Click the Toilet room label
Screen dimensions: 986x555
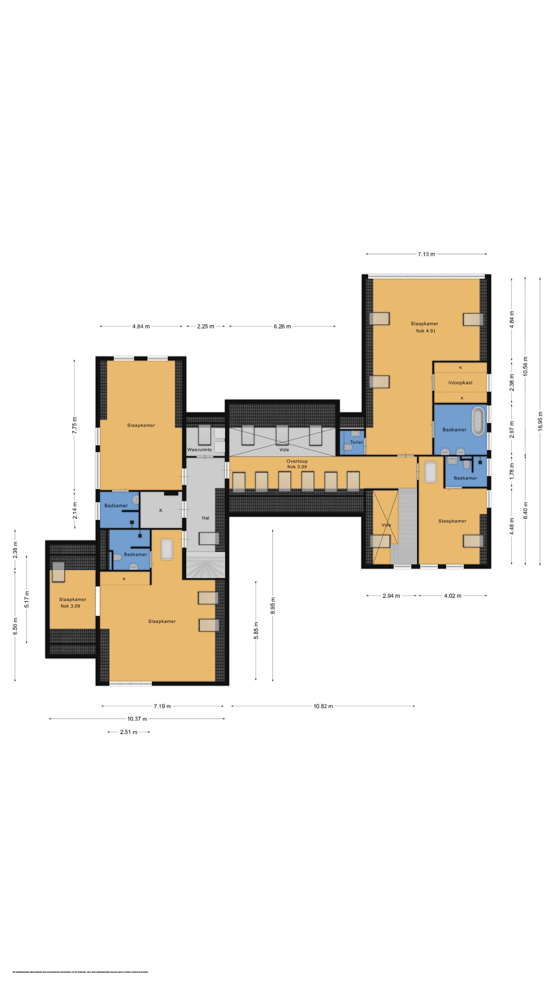pos(356,442)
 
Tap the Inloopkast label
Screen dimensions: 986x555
pos(460,382)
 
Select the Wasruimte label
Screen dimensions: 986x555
pos(200,449)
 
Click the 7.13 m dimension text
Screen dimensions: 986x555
pos(426,254)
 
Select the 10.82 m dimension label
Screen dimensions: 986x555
pos(323,706)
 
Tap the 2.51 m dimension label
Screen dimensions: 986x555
pos(128,732)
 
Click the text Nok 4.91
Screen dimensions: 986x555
pos(425,331)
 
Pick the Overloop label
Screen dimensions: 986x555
pos(297,461)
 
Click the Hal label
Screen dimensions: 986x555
pos(205,518)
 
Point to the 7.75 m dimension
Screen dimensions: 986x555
pos(75,425)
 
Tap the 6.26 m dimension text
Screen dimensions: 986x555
pos(282,326)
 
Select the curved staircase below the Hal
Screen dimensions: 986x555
pos(205,565)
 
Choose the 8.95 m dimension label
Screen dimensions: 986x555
pos(273,605)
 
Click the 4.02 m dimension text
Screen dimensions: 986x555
pos(452,596)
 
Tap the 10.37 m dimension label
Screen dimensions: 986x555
pos(137,719)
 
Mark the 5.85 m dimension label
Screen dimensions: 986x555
pos(256,630)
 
